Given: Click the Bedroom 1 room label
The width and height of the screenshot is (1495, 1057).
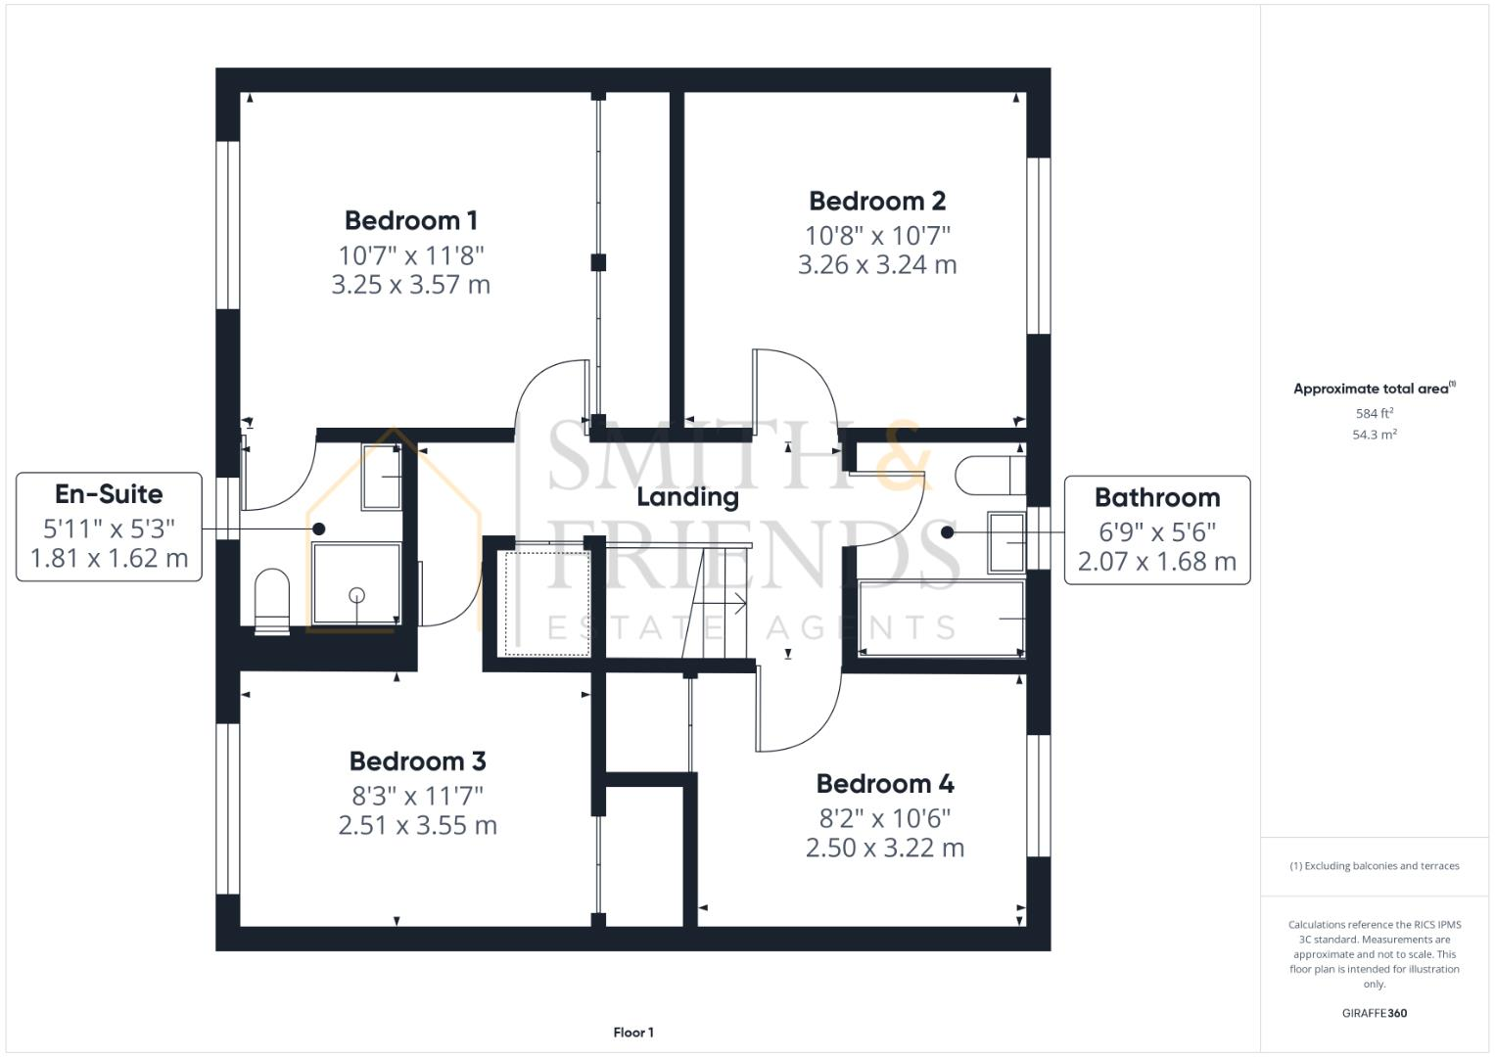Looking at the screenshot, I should point(411,220).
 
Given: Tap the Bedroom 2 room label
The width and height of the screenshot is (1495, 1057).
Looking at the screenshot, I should point(877,201).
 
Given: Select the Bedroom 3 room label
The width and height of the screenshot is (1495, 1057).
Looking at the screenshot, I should point(417,760).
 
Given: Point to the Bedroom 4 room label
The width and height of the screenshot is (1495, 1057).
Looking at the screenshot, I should point(885,783).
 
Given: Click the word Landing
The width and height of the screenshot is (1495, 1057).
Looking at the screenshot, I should point(687,496).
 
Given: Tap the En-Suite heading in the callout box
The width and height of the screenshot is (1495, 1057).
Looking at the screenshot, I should point(109,493).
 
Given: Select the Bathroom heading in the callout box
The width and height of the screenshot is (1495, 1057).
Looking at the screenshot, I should point(1157,497).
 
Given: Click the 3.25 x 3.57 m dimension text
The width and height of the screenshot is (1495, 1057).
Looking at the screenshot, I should point(411,285).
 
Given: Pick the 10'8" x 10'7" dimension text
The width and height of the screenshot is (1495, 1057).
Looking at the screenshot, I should point(877,235).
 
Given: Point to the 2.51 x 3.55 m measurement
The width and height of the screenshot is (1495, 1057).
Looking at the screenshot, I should point(417,825).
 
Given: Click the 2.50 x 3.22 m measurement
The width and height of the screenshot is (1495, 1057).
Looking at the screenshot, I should point(885,848).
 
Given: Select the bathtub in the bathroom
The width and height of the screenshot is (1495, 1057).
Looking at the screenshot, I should point(940,619).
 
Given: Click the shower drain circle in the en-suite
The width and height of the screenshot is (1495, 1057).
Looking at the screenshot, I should point(356,594).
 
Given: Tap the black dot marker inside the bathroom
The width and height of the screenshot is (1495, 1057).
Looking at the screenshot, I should point(947,532).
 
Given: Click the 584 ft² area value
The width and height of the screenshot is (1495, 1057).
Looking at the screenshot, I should point(1375,413).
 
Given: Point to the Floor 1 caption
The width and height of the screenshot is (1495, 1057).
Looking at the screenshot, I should point(633,1032).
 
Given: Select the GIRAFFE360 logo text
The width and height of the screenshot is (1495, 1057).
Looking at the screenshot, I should point(1374,1013).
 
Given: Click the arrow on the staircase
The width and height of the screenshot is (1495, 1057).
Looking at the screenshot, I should point(736,604).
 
